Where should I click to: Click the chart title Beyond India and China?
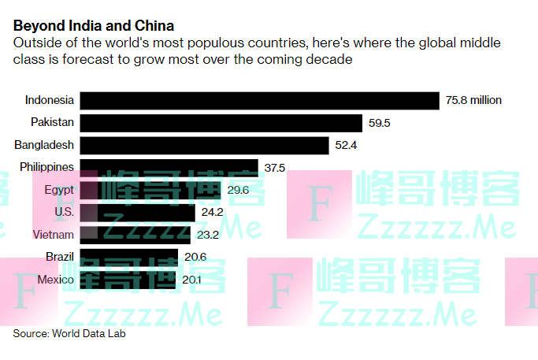(94, 26)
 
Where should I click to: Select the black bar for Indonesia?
(260, 100)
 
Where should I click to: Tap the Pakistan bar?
(221, 123)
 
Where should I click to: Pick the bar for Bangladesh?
(205, 145)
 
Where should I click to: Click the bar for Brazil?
(130, 258)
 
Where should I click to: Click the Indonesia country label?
(50, 100)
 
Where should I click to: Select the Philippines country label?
(47, 167)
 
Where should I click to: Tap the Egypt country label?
(60, 190)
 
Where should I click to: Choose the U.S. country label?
(64, 213)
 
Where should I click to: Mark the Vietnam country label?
(54, 235)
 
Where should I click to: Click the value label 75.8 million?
(473, 100)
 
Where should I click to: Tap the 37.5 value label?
(275, 168)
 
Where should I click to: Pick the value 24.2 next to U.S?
(212, 213)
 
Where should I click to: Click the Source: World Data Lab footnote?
(69, 333)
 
